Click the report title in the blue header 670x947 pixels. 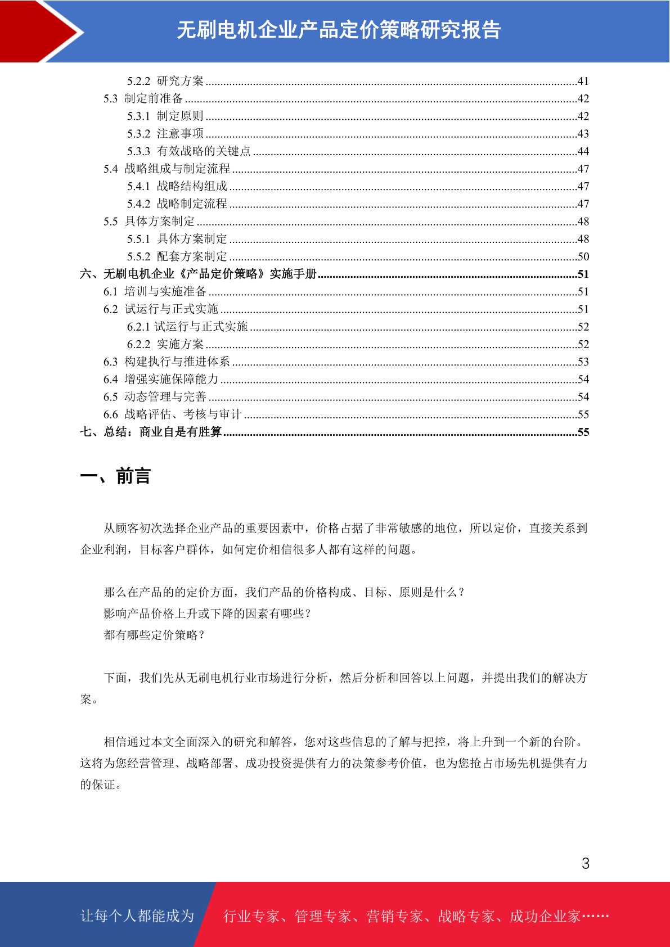tap(339, 30)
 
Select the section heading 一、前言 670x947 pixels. tap(115, 476)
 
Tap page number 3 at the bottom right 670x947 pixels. tap(586, 864)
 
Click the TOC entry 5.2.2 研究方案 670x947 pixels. tap(165, 81)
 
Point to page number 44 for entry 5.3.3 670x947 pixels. tap(583, 151)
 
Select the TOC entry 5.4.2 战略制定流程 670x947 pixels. tap(177, 204)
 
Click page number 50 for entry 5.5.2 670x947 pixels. tap(583, 256)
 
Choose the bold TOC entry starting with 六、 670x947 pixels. tap(199, 274)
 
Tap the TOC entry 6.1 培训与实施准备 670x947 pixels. tap(155, 291)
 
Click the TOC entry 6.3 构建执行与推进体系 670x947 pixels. tap(167, 362)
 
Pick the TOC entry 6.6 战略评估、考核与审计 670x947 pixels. tap(172, 414)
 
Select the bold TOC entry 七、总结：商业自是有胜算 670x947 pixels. tap(151, 432)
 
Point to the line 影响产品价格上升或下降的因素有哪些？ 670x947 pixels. tap(208, 614)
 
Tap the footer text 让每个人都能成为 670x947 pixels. tap(137, 916)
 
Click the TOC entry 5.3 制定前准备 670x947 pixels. tap(143, 98)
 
